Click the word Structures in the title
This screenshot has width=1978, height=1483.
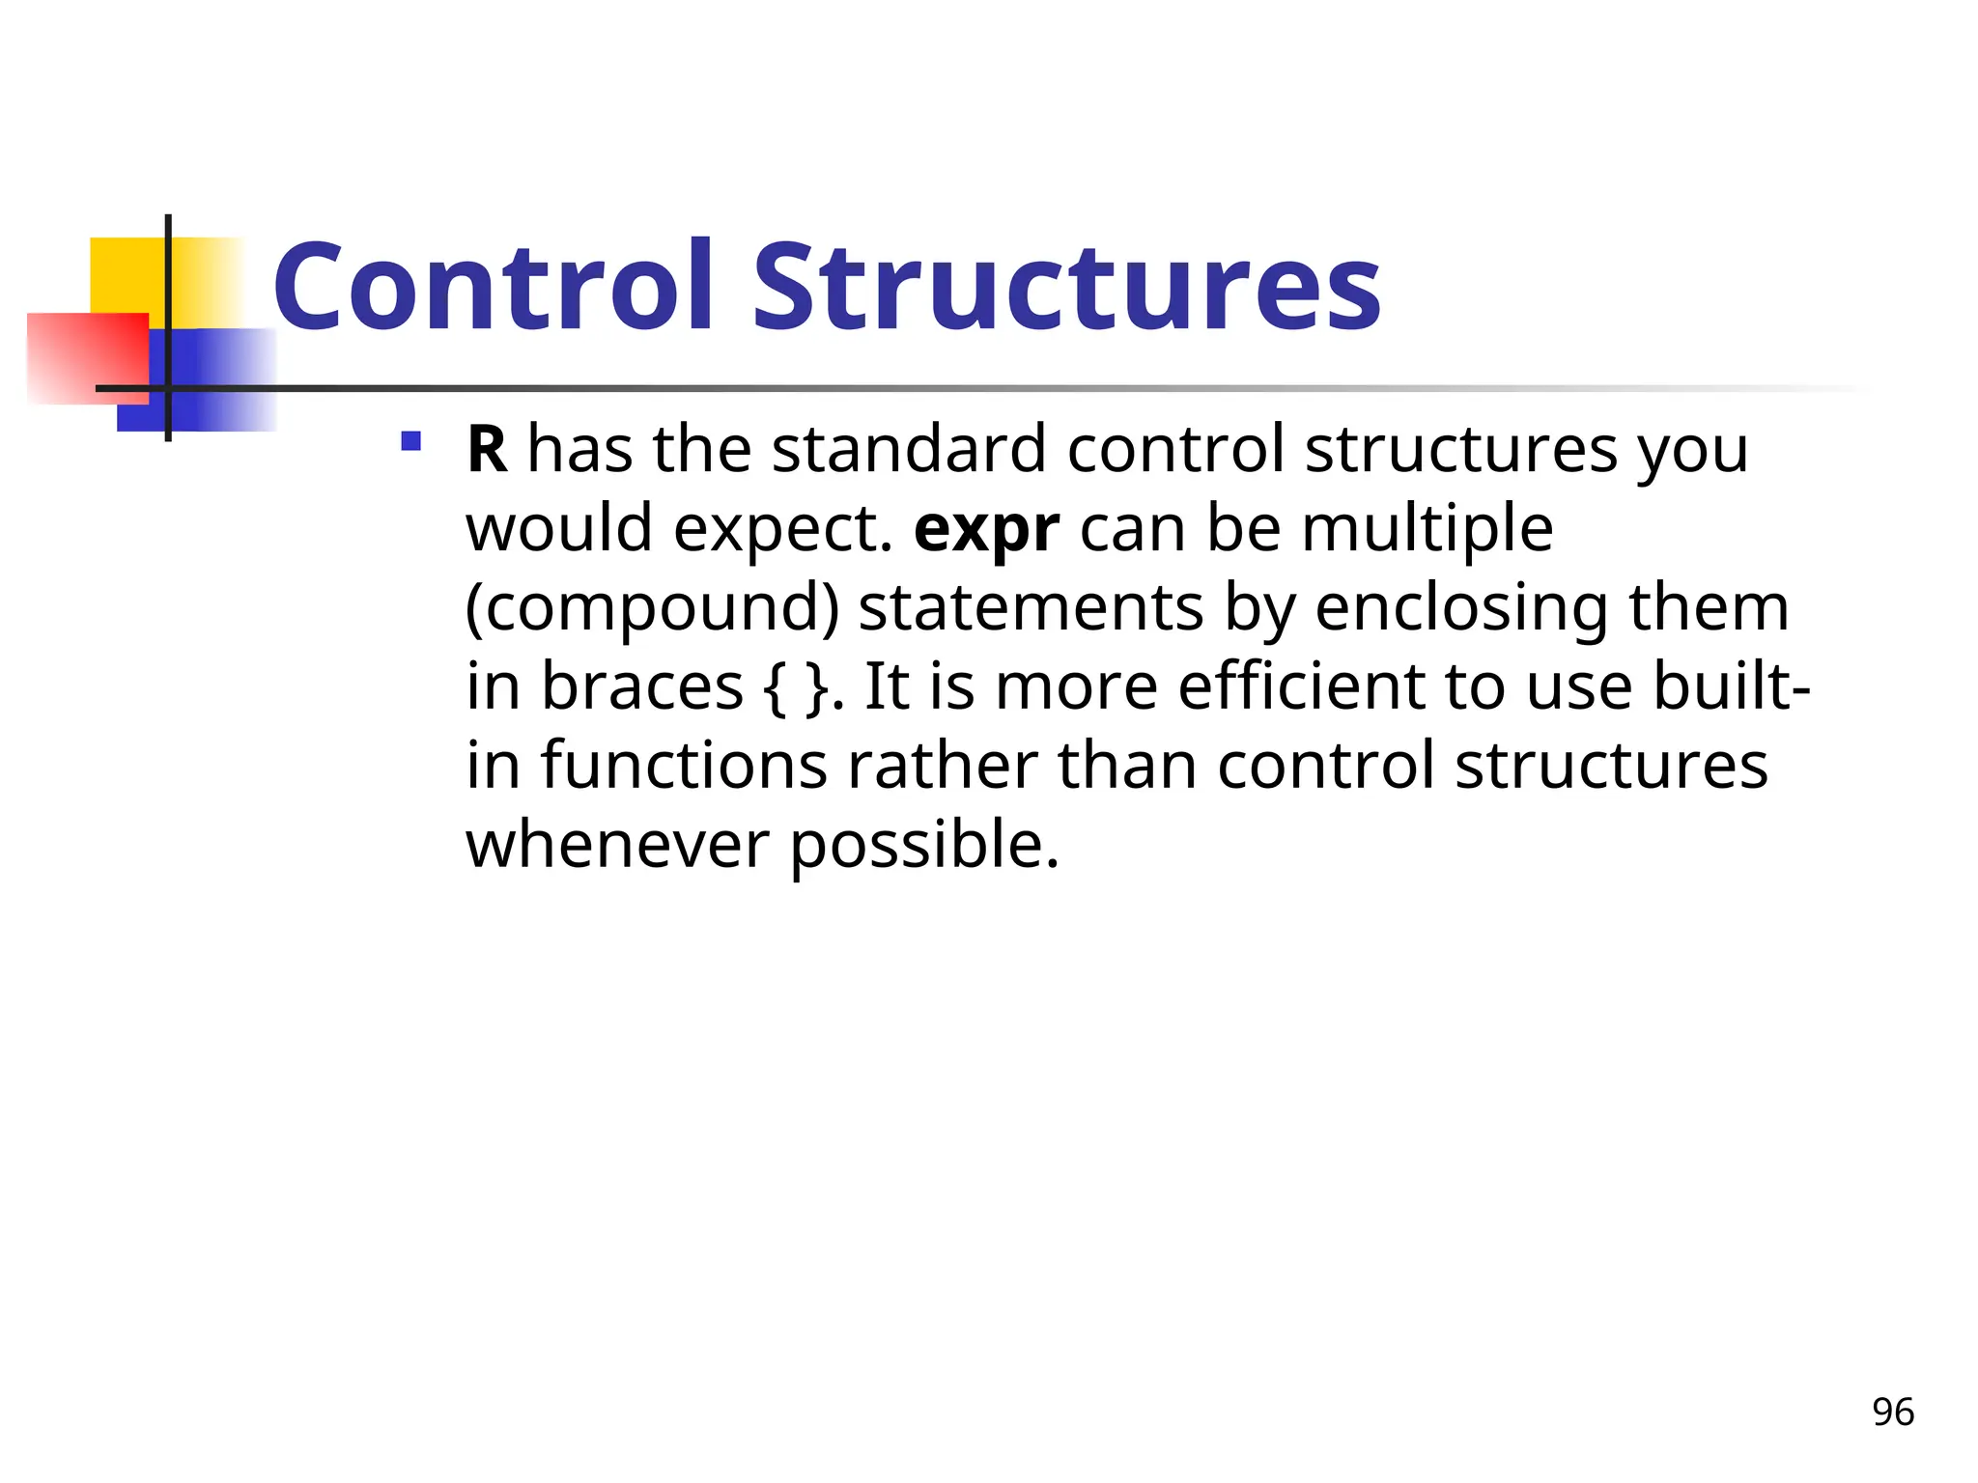click(1066, 287)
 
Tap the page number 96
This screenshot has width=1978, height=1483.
click(1892, 1413)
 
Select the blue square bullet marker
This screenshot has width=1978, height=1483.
click(411, 442)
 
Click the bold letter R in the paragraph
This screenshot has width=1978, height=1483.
click(487, 450)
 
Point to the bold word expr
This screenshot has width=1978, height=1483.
click(986, 530)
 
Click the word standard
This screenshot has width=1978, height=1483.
click(909, 450)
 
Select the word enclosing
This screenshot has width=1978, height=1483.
click(1460, 609)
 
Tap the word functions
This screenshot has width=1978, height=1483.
click(684, 767)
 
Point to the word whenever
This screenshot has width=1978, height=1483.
click(618, 846)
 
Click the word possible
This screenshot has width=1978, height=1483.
click(924, 846)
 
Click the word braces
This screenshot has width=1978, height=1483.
click(641, 687)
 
